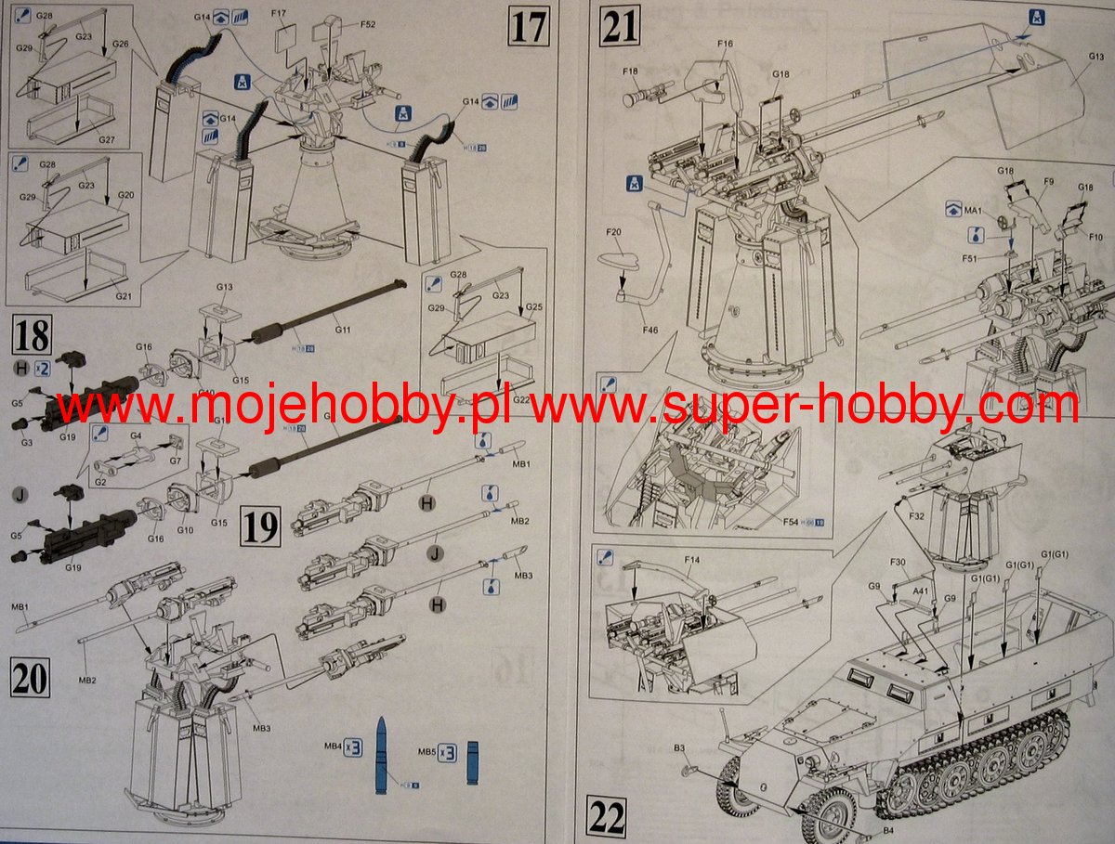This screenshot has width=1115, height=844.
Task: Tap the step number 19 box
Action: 261,526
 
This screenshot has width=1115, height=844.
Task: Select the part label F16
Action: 725,44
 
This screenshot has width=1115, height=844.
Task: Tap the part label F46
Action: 650,330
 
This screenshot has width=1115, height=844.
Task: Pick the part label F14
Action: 691,560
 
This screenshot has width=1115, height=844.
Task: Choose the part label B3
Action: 679,748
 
